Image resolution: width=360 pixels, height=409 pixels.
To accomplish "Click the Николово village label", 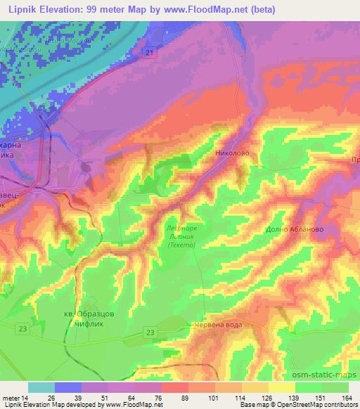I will point(232,152).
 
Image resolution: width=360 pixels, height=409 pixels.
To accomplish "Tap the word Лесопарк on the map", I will point(183,228).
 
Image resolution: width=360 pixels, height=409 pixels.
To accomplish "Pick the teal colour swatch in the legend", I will point(42,387).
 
